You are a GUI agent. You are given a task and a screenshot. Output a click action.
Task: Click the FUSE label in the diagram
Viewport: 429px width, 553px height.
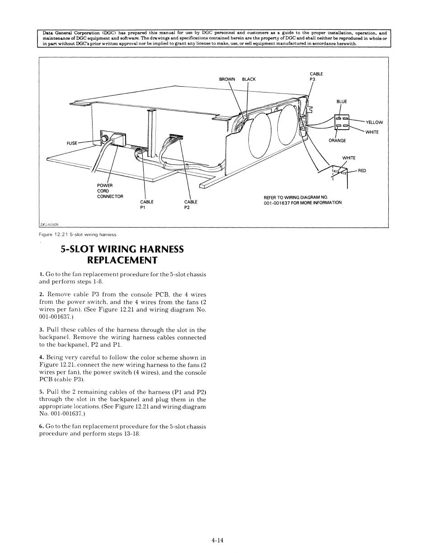pyautogui.click(x=72, y=143)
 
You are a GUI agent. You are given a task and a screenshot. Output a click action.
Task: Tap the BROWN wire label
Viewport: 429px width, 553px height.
pyautogui.click(x=227, y=79)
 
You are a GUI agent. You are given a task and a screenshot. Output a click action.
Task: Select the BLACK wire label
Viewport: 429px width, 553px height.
pyautogui.click(x=249, y=79)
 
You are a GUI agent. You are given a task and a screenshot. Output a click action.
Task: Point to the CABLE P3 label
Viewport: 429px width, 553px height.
pyautogui.click(x=316, y=76)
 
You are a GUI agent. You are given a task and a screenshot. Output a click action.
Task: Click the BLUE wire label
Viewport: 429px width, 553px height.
pyautogui.click(x=342, y=102)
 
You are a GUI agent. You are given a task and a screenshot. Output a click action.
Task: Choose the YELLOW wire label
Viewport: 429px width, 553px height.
pyautogui.click(x=374, y=122)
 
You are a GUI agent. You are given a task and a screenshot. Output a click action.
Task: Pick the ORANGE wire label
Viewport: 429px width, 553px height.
pyautogui.click(x=337, y=140)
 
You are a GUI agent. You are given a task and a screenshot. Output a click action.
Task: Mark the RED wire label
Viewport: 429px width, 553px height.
pyautogui.click(x=362, y=171)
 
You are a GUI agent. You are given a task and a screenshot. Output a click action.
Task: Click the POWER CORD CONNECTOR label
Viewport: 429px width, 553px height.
pyautogui.click(x=110, y=191)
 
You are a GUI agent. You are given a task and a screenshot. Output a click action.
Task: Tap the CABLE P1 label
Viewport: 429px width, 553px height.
pyautogui.click(x=147, y=204)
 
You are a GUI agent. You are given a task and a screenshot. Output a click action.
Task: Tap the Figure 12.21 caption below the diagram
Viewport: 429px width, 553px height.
pyautogui.click(x=78, y=234)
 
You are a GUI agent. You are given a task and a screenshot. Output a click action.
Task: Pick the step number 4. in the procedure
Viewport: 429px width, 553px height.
pyautogui.click(x=41, y=358)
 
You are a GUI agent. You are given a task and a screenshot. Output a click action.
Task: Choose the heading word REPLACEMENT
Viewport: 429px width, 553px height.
pyautogui.click(x=122, y=260)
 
